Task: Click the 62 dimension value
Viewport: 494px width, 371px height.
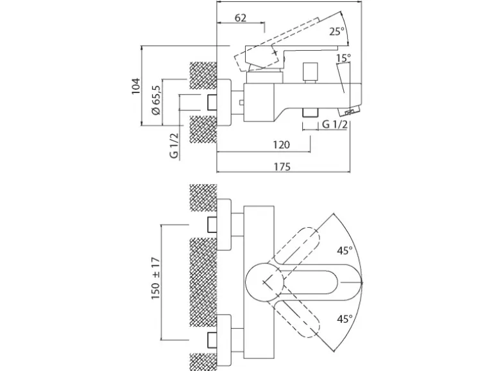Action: pos(241,18)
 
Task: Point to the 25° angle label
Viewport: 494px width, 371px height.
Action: pos(337,31)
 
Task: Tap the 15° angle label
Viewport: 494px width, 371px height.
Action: pos(343,58)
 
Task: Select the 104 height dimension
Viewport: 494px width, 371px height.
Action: pos(136,86)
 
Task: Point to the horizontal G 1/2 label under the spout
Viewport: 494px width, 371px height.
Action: pos(334,125)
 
